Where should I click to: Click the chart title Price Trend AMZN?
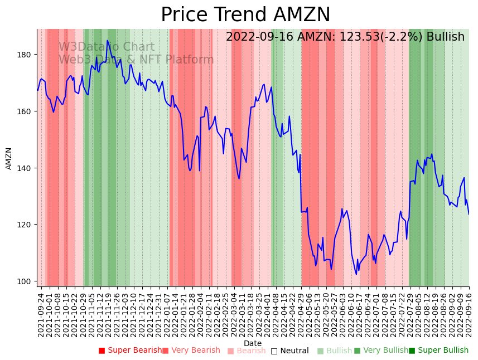245,15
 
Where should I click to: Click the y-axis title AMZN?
9,158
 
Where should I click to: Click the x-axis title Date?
253,343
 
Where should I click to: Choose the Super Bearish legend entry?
131,351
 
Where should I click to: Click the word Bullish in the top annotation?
445,37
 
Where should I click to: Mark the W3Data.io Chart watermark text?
106,47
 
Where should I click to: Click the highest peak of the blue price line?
108,41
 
